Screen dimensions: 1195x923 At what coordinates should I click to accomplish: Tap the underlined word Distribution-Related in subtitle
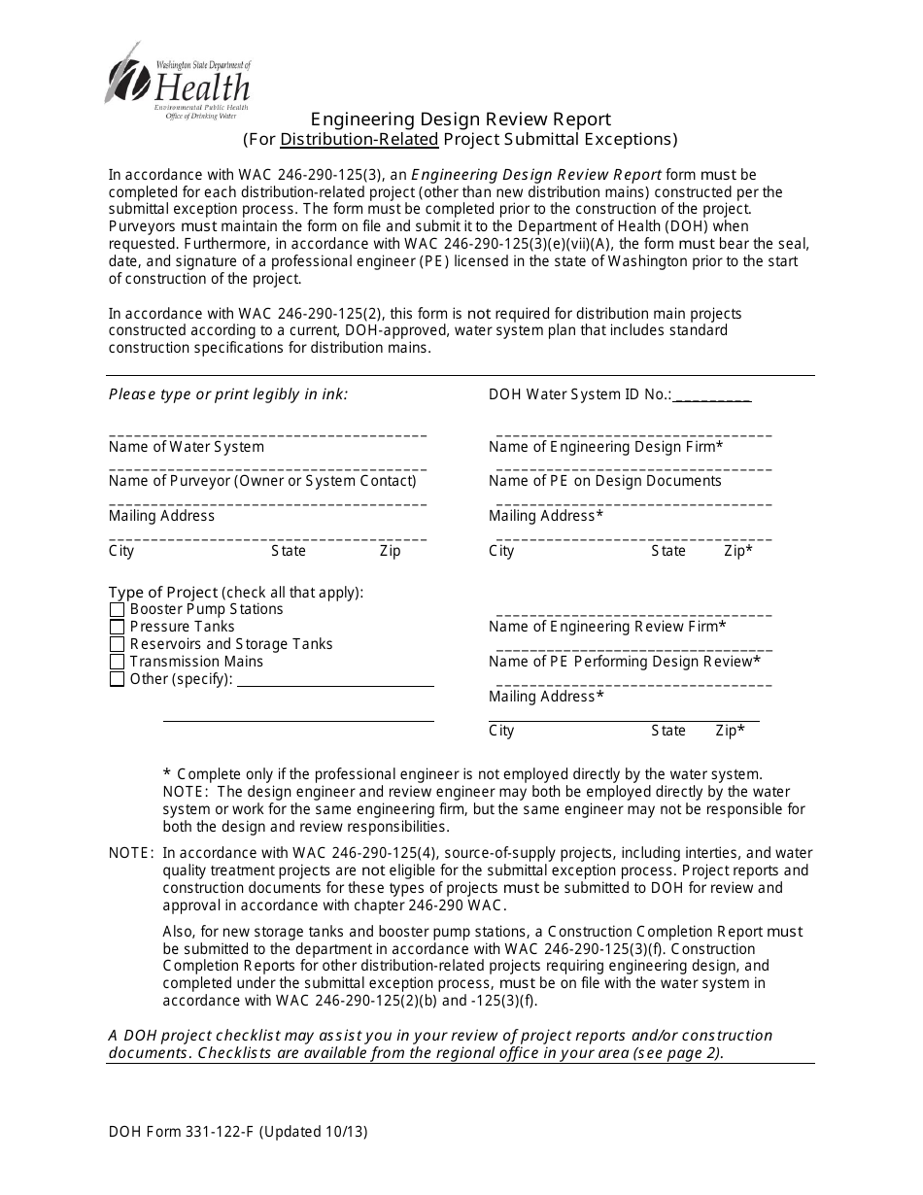click(x=359, y=139)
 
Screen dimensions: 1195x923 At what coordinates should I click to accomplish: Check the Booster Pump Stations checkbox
click(x=118, y=610)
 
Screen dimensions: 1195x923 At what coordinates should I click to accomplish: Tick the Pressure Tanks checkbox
click(x=118, y=628)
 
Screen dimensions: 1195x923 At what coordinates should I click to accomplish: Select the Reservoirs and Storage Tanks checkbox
click(x=118, y=645)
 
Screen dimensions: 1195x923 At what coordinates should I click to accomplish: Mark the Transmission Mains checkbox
click(x=118, y=663)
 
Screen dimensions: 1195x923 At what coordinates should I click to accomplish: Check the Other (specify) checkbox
click(x=118, y=680)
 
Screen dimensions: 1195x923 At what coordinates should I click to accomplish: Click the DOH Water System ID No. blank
click(x=711, y=396)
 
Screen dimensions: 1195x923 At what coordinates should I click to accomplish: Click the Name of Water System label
click(x=187, y=447)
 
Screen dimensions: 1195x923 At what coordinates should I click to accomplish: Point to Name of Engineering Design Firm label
click(x=605, y=447)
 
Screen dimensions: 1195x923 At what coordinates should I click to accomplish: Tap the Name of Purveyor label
click(x=262, y=481)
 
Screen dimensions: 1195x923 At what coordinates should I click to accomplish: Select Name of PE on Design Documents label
click(x=604, y=481)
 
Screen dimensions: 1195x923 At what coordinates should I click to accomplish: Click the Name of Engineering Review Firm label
click(x=607, y=627)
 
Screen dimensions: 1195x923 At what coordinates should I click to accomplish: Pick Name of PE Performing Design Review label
click(x=624, y=662)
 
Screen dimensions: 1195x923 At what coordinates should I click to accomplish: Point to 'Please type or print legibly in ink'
click(x=228, y=394)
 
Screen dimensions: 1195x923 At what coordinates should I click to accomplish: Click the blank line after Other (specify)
click(x=335, y=680)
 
